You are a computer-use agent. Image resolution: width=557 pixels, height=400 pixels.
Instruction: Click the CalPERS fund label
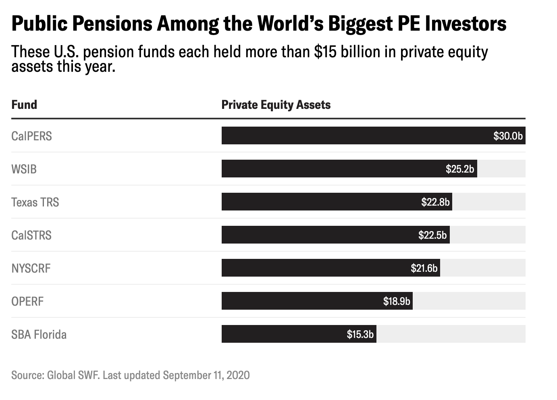click(31, 136)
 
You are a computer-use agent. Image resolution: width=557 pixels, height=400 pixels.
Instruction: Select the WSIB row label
click(24, 169)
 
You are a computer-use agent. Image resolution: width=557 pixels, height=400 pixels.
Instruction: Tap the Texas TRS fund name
click(35, 202)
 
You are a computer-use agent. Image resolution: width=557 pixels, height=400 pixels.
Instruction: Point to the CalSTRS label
click(31, 235)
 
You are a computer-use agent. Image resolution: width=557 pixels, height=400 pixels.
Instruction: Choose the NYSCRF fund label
click(31, 268)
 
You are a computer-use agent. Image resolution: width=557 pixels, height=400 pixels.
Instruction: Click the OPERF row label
click(27, 301)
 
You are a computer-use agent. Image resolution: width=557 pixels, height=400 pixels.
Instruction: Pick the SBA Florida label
click(39, 334)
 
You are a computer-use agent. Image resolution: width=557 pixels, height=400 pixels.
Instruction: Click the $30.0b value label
click(508, 136)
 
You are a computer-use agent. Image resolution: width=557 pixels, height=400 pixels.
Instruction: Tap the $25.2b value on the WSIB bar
click(460, 169)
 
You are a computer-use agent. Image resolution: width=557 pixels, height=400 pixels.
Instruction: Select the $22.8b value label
click(435, 202)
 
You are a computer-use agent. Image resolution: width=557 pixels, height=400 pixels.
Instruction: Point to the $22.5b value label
click(432, 235)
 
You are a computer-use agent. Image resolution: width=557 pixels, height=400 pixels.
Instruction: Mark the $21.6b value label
click(424, 268)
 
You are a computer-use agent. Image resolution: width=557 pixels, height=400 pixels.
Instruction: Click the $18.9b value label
click(397, 301)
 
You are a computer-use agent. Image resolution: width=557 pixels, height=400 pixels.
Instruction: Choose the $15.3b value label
click(360, 334)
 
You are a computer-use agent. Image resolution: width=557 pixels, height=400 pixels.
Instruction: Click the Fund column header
click(24, 105)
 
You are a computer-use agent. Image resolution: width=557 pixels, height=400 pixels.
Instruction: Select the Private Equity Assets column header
click(276, 105)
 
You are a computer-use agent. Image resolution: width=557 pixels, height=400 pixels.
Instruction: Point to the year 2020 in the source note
click(238, 375)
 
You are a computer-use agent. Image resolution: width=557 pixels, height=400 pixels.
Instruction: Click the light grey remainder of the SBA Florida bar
click(451, 334)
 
